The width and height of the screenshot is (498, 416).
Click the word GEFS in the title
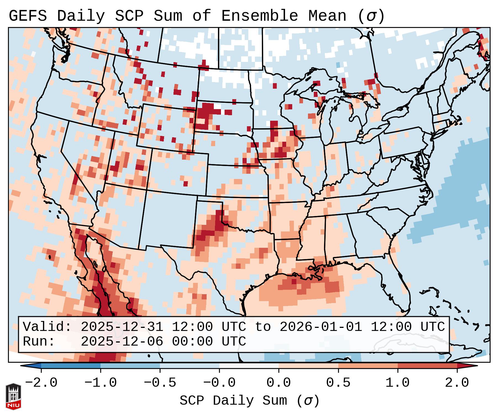28,16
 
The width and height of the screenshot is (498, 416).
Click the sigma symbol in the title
371,16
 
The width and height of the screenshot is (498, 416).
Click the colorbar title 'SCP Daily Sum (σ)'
249,401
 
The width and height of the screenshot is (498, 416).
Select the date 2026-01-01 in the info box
321,327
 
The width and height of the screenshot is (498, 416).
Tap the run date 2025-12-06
122,342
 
